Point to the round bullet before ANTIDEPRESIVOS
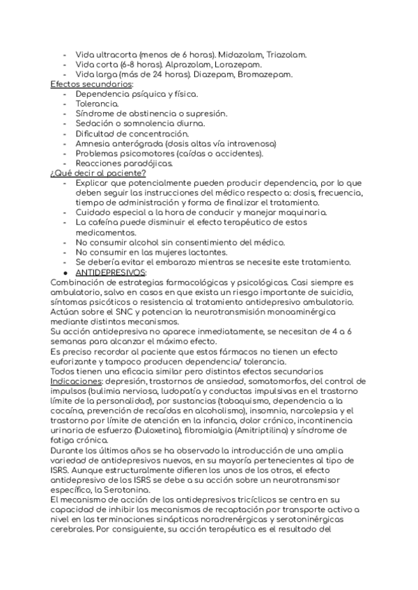point(65,272)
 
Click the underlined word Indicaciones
point(79,381)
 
